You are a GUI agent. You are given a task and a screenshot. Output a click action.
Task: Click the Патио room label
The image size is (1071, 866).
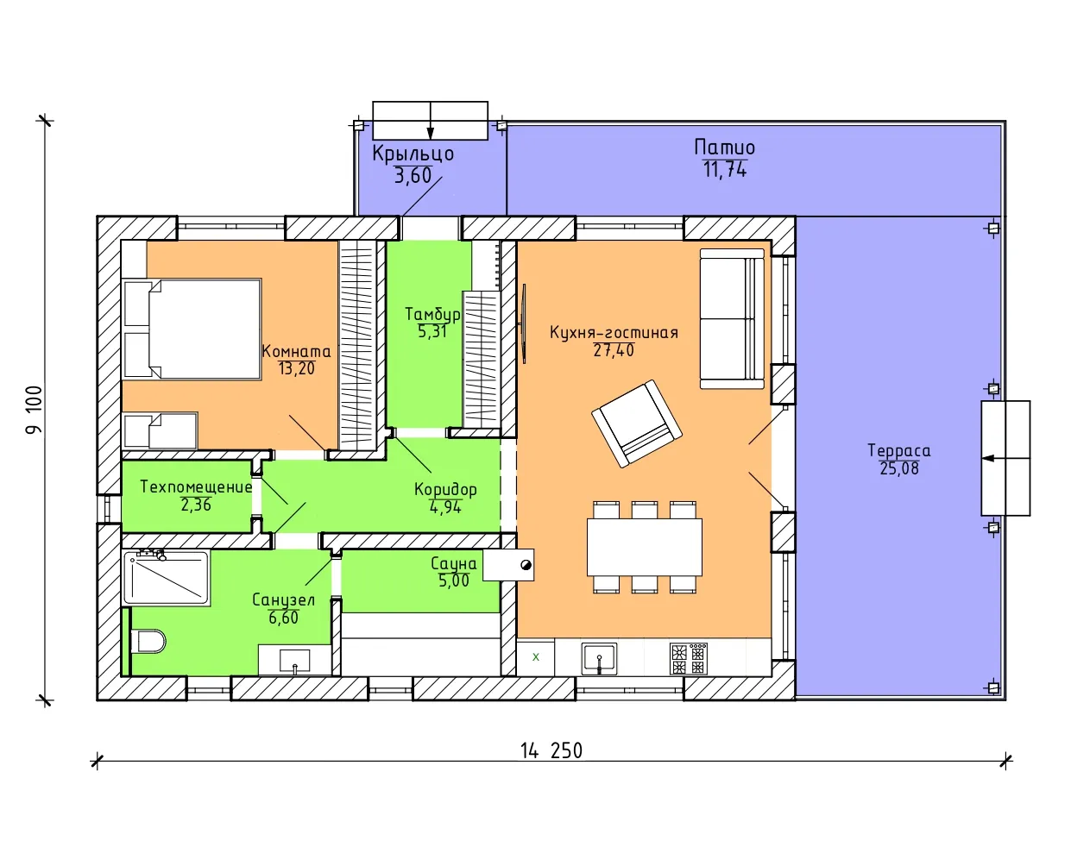[724, 147]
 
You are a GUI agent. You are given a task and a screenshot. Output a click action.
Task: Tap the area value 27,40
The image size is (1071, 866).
[614, 350]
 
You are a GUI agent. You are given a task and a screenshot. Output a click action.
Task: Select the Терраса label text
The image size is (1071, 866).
[899, 450]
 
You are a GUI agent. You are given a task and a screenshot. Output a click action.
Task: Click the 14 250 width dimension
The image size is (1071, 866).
[551, 750]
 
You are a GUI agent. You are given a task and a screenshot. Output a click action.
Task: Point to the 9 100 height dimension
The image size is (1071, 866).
[35, 410]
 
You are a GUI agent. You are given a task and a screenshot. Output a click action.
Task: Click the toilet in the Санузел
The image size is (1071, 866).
[148, 642]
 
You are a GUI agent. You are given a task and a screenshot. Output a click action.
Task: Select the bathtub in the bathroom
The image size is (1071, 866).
[166, 578]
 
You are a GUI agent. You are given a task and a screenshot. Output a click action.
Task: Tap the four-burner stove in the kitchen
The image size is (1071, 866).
[689, 658]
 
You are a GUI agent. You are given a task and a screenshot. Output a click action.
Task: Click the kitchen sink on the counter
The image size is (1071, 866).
[599, 658]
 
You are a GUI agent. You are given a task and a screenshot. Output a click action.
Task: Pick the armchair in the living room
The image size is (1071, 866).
[637, 424]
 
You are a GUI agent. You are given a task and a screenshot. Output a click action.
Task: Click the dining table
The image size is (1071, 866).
[644, 547]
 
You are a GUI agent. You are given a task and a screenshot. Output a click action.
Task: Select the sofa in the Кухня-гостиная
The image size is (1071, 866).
[732, 318]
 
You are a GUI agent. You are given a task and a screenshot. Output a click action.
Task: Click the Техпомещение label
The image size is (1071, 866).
[196, 486]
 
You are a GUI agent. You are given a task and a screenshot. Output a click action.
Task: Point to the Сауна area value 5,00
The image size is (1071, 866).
[454, 580]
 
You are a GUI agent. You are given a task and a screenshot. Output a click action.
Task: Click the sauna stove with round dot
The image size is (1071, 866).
[508, 565]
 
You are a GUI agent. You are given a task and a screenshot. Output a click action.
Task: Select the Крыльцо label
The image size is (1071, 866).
[413, 154]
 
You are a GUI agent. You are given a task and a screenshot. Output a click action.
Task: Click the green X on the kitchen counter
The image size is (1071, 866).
[536, 657]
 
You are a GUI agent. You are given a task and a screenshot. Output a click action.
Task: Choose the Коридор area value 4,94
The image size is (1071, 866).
[445, 507]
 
